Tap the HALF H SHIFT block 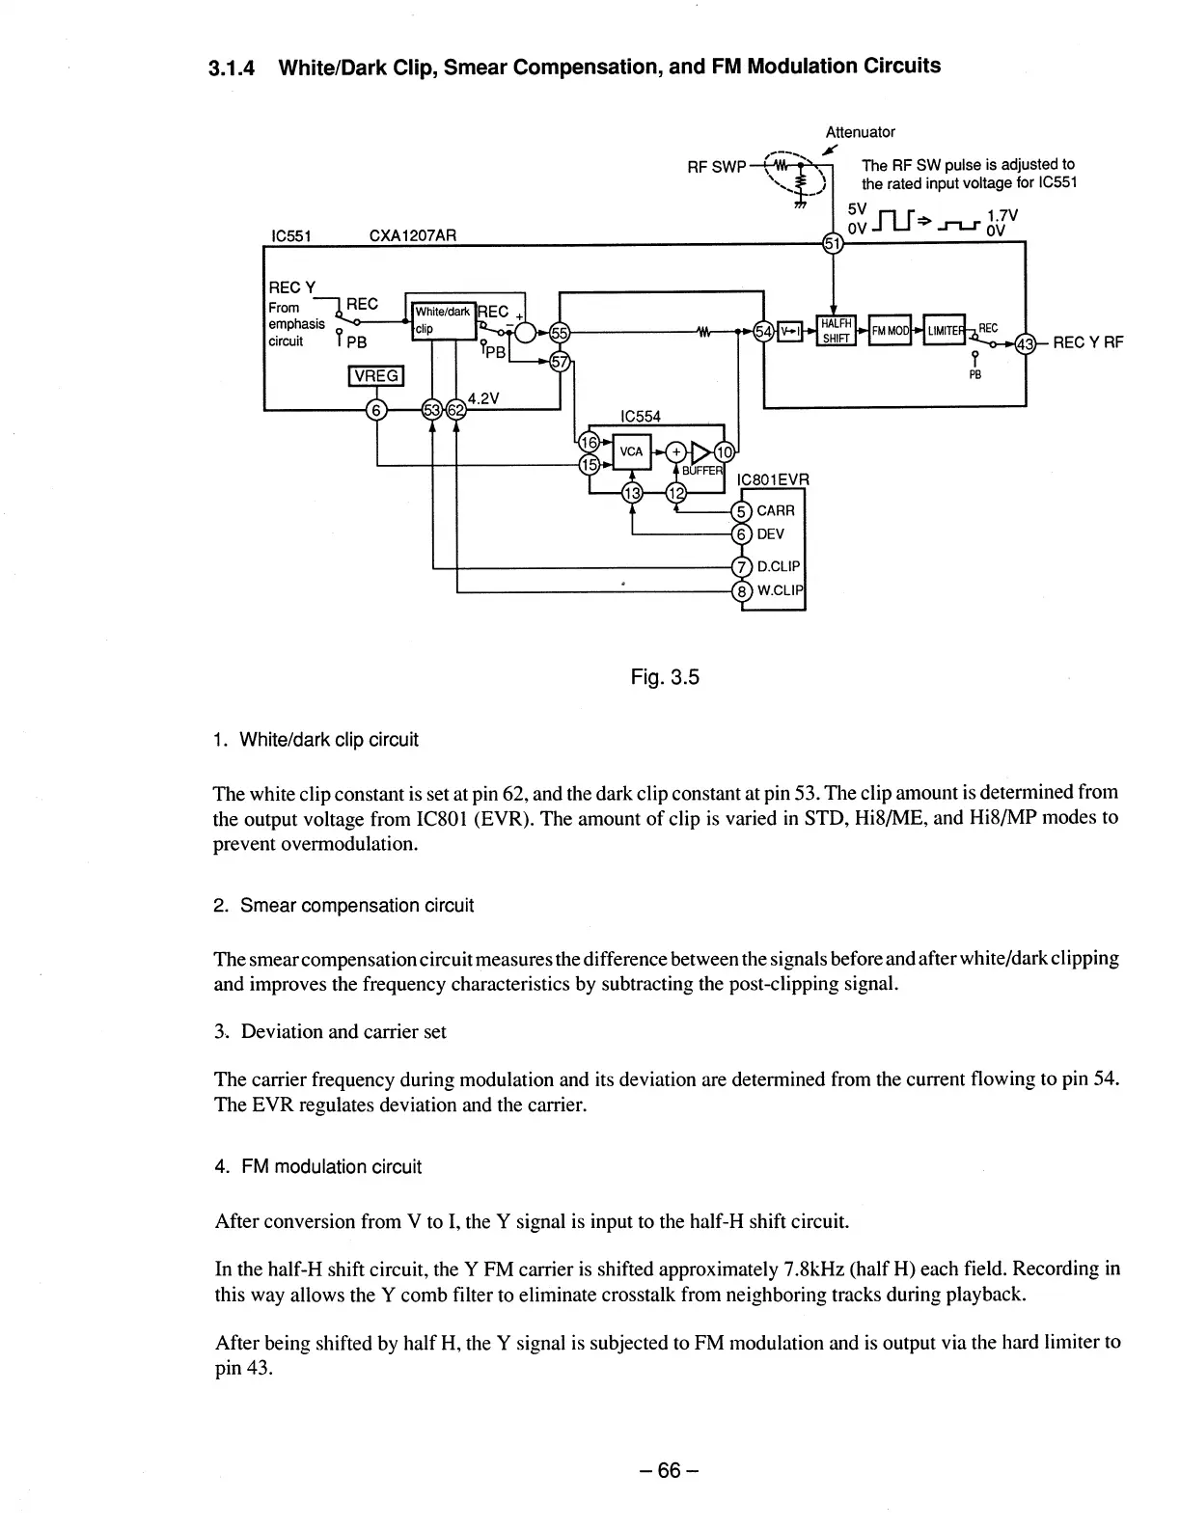coord(835,331)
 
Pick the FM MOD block coord(889,331)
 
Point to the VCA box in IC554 coord(631,451)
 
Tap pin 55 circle coord(559,334)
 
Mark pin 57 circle coord(559,362)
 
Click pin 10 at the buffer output coord(724,450)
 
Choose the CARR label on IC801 coord(776,510)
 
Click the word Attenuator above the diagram coord(860,132)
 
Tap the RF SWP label coord(716,167)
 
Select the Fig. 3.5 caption coord(664,677)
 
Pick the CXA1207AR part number coord(413,234)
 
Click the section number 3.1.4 coord(233,68)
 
